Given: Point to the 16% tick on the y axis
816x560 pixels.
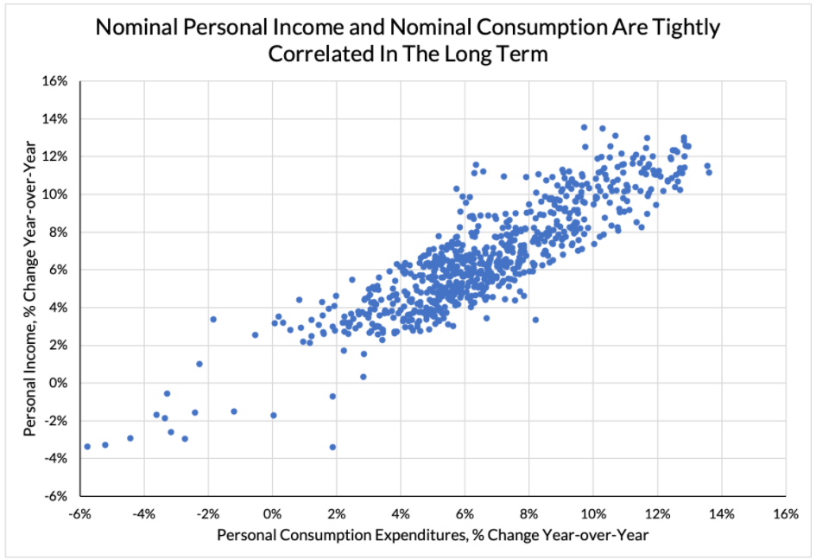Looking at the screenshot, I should (x=54, y=81).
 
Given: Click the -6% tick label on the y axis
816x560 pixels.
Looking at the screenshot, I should (x=56, y=497).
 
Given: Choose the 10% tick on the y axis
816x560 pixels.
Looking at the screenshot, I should (x=54, y=194).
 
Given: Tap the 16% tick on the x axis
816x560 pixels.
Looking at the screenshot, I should (x=785, y=514).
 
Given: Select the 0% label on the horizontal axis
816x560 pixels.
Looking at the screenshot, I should (x=272, y=514).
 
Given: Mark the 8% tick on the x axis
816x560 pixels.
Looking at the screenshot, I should (x=528, y=514).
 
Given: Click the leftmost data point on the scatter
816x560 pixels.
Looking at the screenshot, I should (x=87, y=447).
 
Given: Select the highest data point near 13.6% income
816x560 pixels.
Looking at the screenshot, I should (x=585, y=127).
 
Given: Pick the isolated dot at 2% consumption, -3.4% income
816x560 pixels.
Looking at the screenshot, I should (x=332, y=447).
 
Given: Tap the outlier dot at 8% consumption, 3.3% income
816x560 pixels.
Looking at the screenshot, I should (x=535, y=320).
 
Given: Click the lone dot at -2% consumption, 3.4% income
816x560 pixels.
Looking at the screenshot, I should (x=212, y=319).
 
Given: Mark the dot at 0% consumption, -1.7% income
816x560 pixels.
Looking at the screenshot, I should (x=273, y=415).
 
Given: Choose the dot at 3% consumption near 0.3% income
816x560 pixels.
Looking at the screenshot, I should (x=364, y=376).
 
